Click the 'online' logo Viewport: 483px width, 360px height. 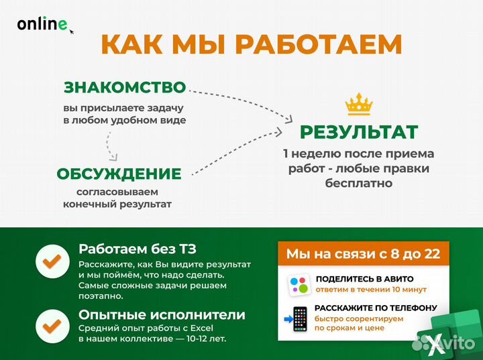(x=42, y=24)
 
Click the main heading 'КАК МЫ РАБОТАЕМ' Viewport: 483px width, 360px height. (x=251, y=44)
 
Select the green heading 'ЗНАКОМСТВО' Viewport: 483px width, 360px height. (x=124, y=87)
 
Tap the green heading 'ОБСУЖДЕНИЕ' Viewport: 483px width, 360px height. (x=119, y=174)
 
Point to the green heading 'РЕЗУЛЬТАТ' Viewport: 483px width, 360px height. (x=358, y=131)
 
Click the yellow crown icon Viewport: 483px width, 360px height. (x=358, y=105)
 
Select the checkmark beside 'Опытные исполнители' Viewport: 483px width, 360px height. (x=52, y=325)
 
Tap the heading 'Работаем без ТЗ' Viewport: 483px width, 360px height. (x=138, y=249)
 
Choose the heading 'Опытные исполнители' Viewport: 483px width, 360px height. (x=162, y=314)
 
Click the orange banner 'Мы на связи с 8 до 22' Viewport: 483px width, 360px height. (x=363, y=253)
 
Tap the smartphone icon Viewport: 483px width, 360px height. (x=299, y=318)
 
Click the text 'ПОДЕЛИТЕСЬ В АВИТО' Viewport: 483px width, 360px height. (x=364, y=278)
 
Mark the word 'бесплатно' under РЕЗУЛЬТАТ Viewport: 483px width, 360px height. (x=358, y=182)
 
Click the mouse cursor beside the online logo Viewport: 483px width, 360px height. (x=71, y=31)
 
